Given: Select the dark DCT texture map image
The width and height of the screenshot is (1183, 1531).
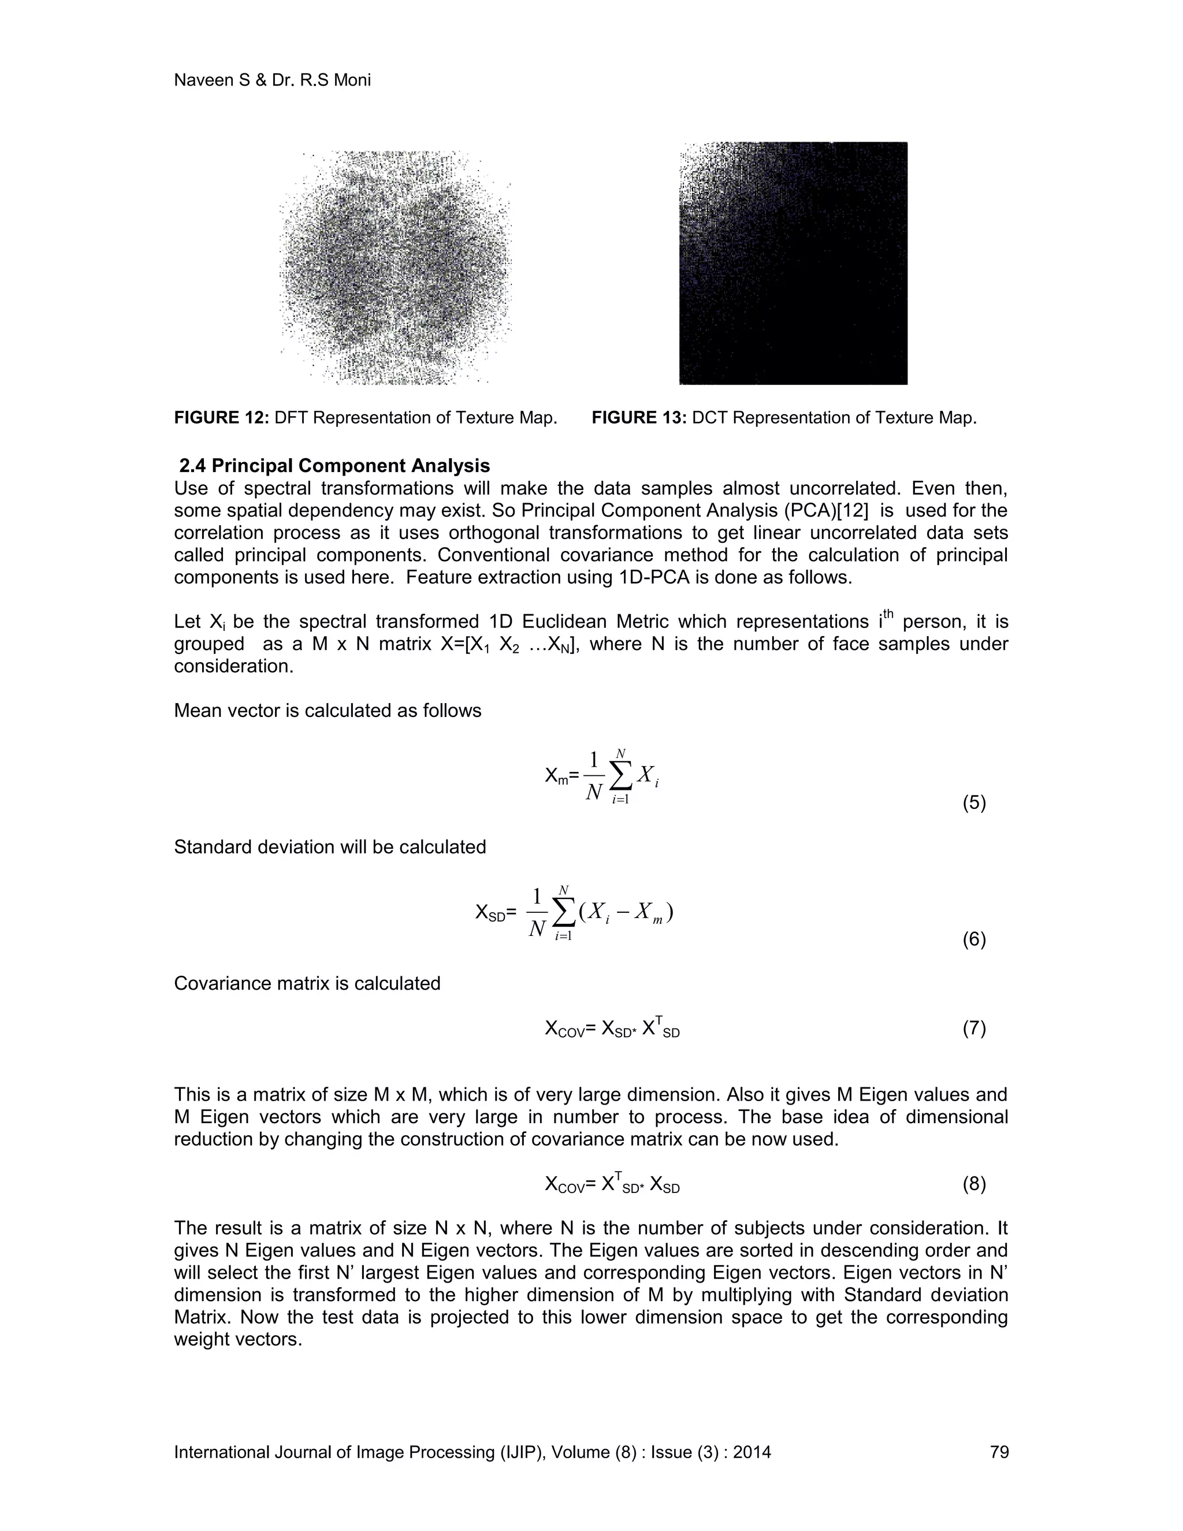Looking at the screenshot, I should (x=793, y=263).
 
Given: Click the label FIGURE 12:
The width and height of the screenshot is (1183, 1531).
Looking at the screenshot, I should (x=221, y=418).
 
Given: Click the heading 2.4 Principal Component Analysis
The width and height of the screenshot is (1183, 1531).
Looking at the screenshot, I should (x=334, y=466).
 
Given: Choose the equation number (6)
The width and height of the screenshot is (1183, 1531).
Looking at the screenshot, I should (x=974, y=939).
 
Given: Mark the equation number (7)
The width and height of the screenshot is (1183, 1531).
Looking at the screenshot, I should (x=974, y=1028).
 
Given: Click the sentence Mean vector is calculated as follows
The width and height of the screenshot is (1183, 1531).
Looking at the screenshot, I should (x=328, y=711).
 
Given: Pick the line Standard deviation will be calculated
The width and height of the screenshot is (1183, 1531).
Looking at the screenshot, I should (x=329, y=847).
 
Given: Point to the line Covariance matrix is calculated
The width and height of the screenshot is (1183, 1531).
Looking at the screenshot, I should (x=307, y=983).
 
